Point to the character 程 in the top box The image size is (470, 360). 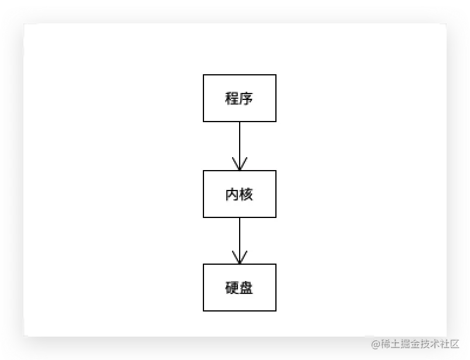232,98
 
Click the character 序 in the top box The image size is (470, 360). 246,98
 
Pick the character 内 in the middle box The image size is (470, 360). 232,195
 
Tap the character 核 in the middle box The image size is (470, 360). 246,195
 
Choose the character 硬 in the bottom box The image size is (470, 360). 232,288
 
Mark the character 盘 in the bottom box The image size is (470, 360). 246,288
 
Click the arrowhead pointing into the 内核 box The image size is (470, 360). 240,164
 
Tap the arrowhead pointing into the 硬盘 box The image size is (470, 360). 240,258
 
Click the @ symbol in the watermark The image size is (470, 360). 376,344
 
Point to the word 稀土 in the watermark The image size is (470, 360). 390,344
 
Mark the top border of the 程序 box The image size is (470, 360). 240,75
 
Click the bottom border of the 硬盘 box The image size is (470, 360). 240,310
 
